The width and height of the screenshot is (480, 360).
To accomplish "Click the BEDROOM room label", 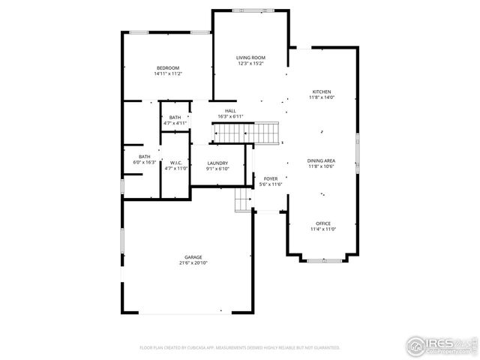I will [168, 68].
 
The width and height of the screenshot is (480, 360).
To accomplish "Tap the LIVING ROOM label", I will [251, 58].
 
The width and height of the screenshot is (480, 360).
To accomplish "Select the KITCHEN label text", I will [322, 91].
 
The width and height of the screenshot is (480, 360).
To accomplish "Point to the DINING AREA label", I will [321, 160].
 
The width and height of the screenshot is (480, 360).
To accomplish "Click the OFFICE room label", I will [323, 223].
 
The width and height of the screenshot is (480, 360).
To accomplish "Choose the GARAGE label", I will [193, 257].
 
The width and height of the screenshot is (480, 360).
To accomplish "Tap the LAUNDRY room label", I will [217, 163].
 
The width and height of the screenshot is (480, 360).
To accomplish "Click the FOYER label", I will [270, 178].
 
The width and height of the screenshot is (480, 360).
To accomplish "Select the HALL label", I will [230, 111].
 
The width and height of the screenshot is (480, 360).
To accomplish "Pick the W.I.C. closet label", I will [175, 163].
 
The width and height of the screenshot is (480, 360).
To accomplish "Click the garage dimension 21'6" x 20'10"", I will [193, 263].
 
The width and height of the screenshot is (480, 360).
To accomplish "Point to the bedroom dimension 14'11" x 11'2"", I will [168, 73].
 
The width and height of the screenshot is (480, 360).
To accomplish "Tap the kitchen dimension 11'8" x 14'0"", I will [322, 97].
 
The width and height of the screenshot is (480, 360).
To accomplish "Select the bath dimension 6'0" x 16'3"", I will [144, 162].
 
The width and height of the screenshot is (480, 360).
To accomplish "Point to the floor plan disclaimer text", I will [240, 348].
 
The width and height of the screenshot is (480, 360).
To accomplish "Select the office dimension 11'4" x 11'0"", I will [323, 229].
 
